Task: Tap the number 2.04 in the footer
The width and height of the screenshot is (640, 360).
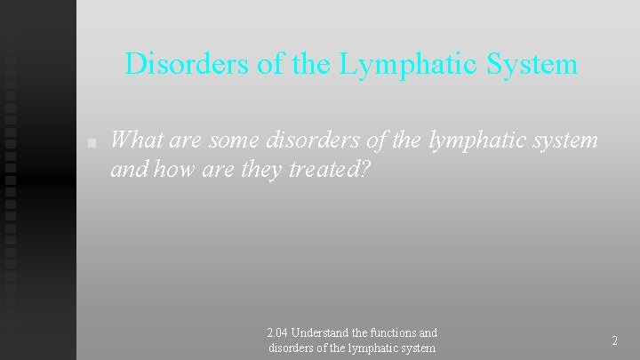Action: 276,333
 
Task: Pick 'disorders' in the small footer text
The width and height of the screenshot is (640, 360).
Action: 292,348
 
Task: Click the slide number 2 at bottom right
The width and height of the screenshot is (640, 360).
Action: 614,340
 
